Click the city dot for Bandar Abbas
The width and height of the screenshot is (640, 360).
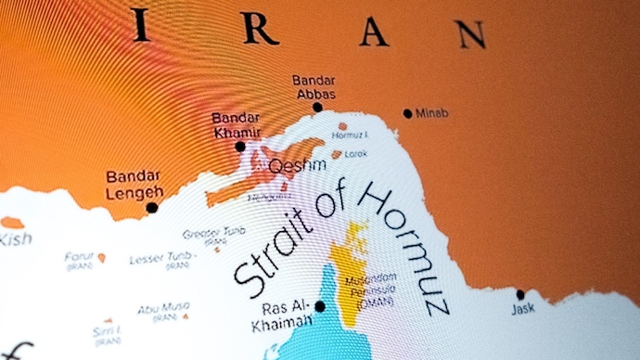click(x=317, y=108)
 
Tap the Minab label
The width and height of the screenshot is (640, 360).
click(x=431, y=113)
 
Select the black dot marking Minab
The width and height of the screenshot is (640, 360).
click(x=407, y=113)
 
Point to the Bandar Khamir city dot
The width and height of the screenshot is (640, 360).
click(x=240, y=146)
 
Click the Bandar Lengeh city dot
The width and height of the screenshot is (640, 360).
click(x=152, y=208)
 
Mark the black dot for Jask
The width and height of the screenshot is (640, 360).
click(x=520, y=295)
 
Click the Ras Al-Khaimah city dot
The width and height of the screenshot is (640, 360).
click(x=320, y=306)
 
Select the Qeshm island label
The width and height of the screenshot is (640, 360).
click(x=296, y=165)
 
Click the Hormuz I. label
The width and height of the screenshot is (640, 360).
click(x=350, y=135)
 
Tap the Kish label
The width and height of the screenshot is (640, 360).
click(x=15, y=239)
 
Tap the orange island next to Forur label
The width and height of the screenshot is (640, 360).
click(x=101, y=258)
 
